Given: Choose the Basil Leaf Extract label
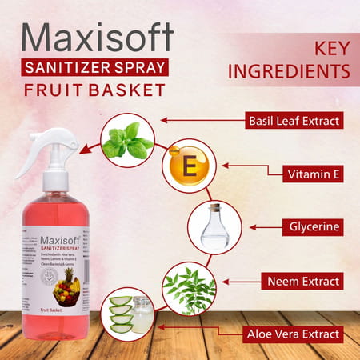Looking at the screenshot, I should coord(294,122).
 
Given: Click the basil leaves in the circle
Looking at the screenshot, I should coord(127,141).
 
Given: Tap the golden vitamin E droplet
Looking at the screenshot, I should coord(190,167).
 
